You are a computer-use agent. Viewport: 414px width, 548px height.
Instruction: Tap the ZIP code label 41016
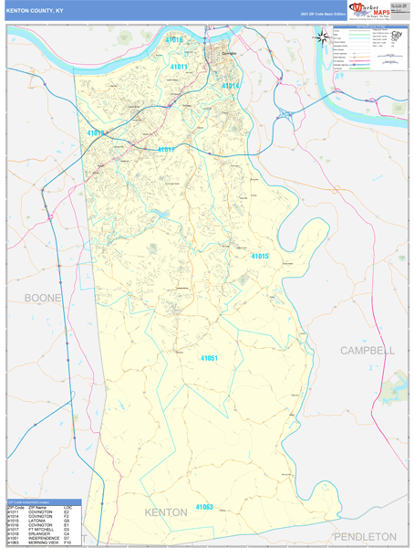(174, 40)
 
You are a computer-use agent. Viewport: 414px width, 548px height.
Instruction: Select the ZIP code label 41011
(179, 67)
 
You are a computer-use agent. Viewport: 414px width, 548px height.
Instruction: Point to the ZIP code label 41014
(230, 86)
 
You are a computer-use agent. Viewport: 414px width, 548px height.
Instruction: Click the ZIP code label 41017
(165, 149)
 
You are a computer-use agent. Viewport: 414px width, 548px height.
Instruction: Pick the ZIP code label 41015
(259, 257)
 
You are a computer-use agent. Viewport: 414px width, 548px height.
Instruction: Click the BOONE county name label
(44, 299)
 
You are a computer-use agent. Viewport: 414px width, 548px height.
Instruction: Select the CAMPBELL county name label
(367, 351)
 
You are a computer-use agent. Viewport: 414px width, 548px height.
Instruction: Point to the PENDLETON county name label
(365, 536)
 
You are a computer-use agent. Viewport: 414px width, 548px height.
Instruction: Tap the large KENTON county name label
(165, 512)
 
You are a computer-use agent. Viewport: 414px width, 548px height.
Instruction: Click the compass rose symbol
(322, 37)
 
